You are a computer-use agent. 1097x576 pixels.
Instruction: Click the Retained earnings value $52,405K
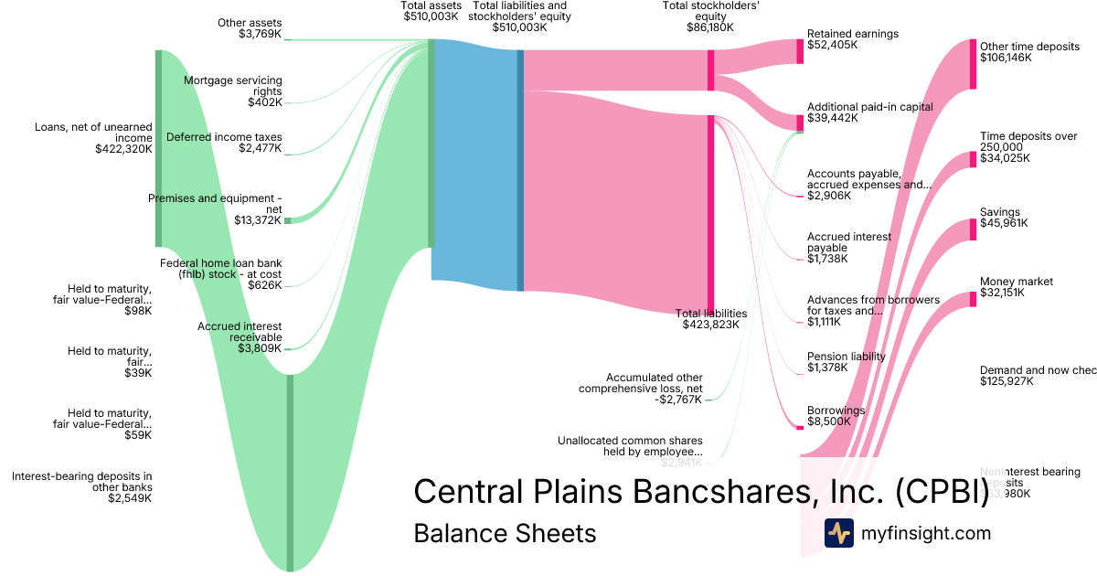pos(832,45)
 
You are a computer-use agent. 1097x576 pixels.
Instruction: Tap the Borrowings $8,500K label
pos(829,416)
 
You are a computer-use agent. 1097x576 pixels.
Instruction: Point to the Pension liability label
pos(846,357)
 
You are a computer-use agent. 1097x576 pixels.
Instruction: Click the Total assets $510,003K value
pos(431,16)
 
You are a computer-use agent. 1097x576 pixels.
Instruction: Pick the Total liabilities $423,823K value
pos(710,325)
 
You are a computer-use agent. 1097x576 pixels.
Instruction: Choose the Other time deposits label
pos(1029,46)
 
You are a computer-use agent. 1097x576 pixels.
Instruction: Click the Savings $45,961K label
pos(1003,218)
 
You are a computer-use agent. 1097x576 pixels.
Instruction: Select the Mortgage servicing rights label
pos(233,86)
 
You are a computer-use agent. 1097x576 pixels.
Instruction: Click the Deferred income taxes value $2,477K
pos(261,148)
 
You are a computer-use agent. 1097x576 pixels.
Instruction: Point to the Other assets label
pos(250,23)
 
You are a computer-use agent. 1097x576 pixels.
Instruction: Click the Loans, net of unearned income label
pos(93,132)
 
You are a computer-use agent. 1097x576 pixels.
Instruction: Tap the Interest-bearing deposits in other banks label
pos(82,481)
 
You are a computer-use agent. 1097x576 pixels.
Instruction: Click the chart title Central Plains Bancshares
pos(701,491)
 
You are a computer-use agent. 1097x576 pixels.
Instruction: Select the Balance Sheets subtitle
pos(505,533)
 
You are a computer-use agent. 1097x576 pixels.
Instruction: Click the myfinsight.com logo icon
pos(838,533)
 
